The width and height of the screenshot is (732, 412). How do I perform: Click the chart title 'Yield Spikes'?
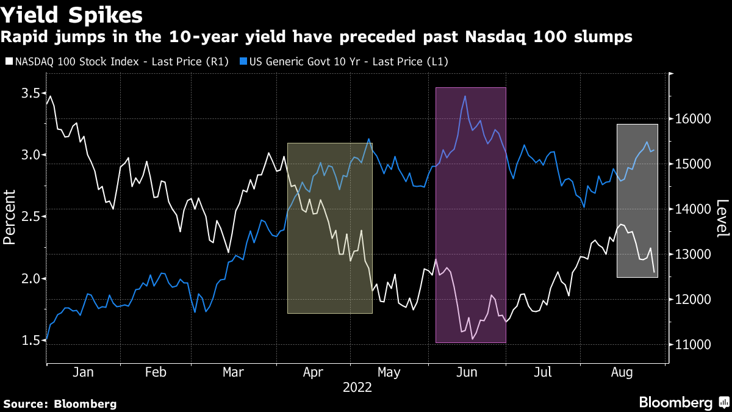[x=73, y=15]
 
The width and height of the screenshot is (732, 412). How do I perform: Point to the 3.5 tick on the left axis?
[x=31, y=93]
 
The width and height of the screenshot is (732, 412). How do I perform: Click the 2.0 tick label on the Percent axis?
[x=31, y=278]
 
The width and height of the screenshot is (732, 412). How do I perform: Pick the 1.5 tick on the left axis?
[x=31, y=340]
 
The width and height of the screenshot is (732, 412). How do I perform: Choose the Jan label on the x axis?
[x=83, y=372]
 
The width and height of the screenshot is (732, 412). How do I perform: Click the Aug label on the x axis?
[x=622, y=372]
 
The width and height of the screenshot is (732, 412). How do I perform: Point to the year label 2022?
[x=357, y=387]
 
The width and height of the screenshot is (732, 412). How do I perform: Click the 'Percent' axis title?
[x=9, y=217]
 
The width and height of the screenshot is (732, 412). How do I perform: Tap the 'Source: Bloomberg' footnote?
[x=60, y=404]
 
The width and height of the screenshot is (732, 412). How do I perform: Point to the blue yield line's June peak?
[x=465, y=96]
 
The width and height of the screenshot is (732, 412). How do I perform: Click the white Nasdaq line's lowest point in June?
[x=472, y=339]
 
